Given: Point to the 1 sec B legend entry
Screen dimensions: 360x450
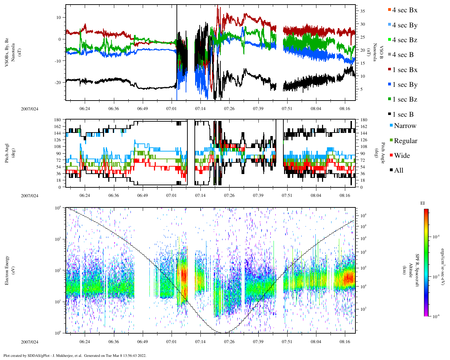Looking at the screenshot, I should [403, 115].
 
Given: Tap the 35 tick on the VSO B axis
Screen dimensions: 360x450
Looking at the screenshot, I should [362, 11].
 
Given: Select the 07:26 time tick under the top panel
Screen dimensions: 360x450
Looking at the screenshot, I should [229, 109].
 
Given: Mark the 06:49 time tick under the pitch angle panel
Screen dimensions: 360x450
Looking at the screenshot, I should [142, 195].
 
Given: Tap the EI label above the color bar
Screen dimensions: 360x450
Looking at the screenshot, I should [423, 203].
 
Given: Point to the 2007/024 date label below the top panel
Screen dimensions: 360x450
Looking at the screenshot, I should [30, 109].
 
